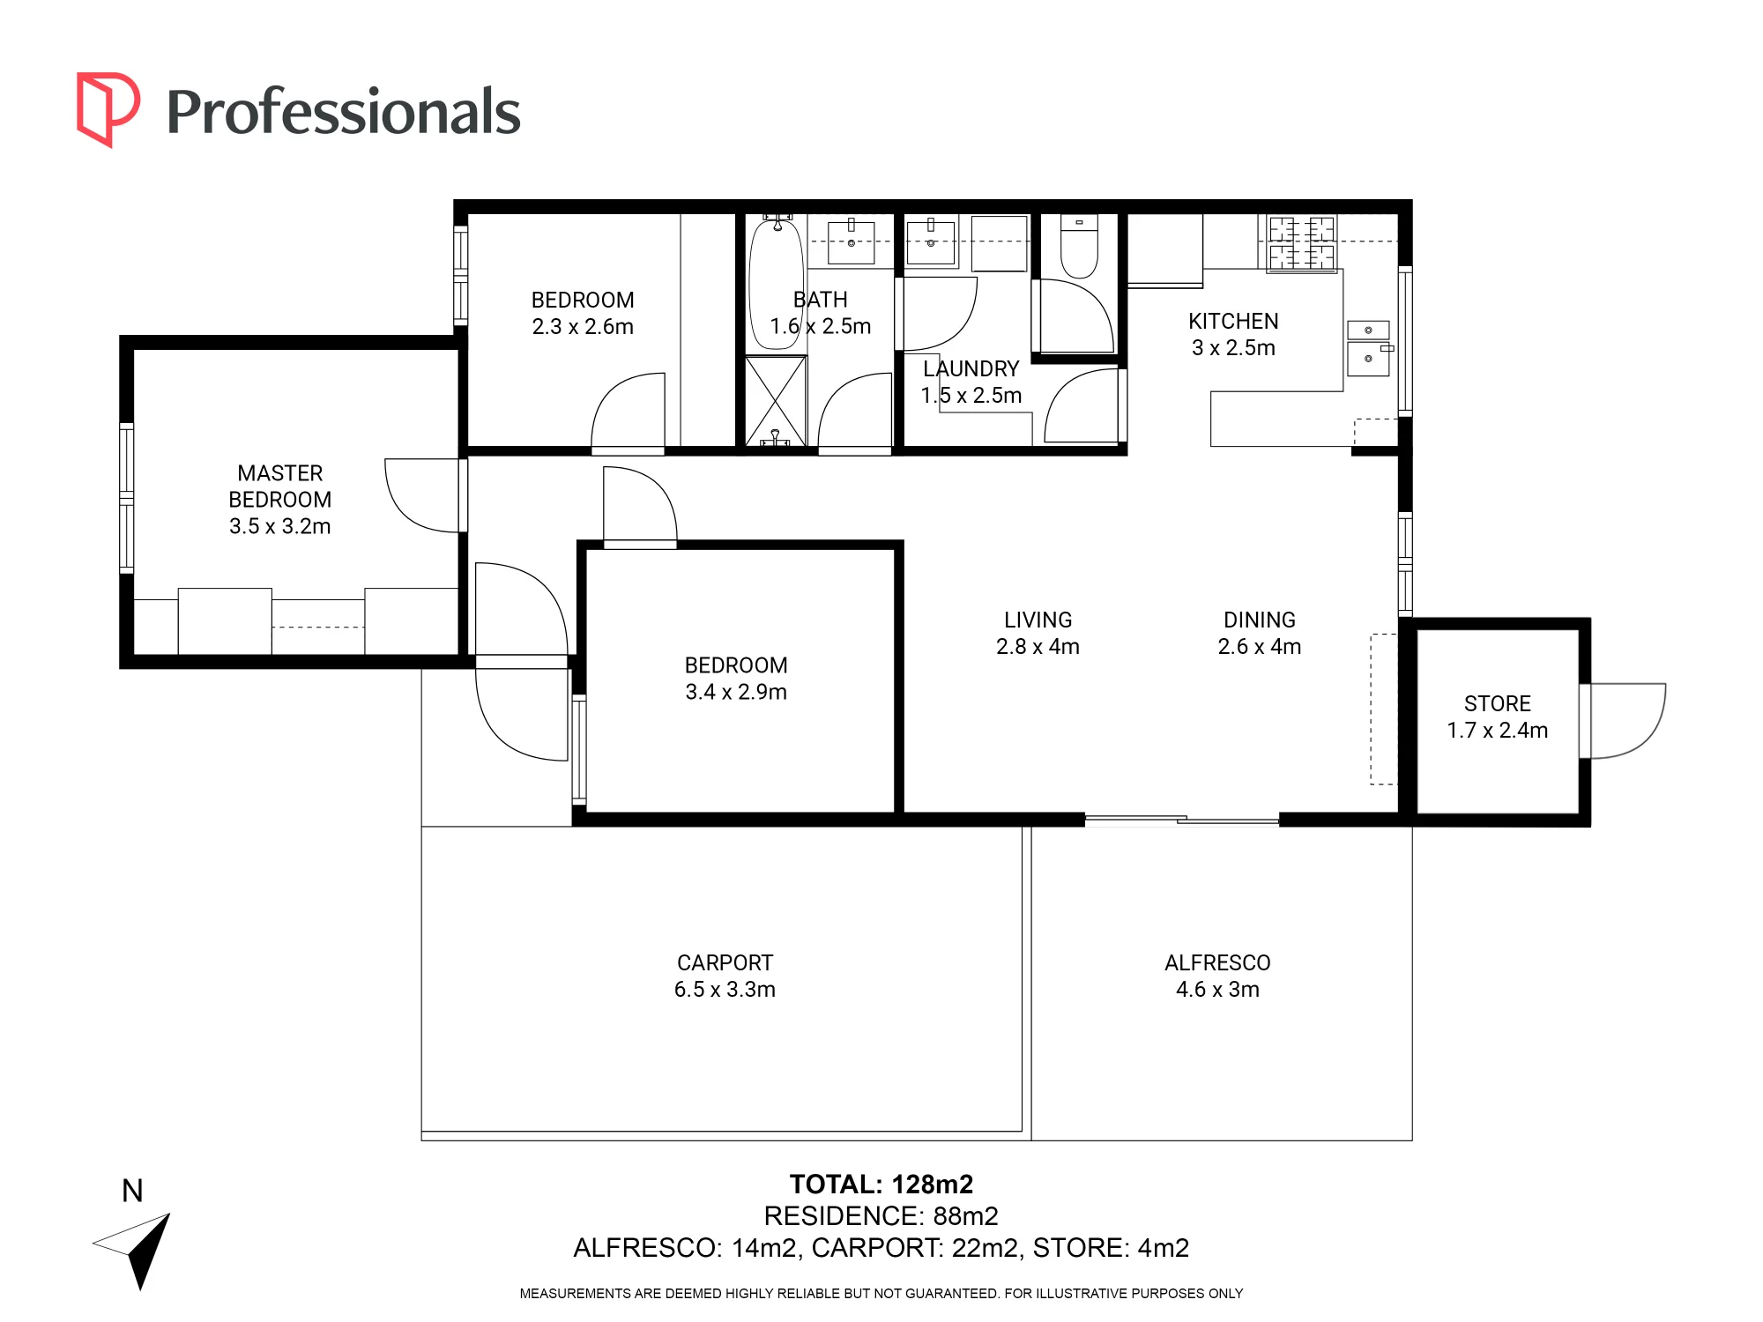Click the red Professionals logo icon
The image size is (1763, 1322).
108,109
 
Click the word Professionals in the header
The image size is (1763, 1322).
344,112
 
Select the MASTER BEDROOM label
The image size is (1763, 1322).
280,500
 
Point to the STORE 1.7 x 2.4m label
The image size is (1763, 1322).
1497,717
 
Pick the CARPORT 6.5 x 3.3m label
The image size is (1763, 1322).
725,977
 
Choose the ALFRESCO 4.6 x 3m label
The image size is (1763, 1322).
1217,977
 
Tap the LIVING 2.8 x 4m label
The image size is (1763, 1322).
1038,634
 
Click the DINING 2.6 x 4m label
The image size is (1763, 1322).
1259,634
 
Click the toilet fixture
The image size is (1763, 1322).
1079,247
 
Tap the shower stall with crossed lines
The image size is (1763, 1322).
776,401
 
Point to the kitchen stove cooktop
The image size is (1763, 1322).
1301,243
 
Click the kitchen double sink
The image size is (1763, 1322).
1369,348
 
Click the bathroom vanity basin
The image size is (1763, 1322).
852,242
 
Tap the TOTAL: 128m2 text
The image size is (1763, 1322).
881,1185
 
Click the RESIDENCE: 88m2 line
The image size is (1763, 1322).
881,1216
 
